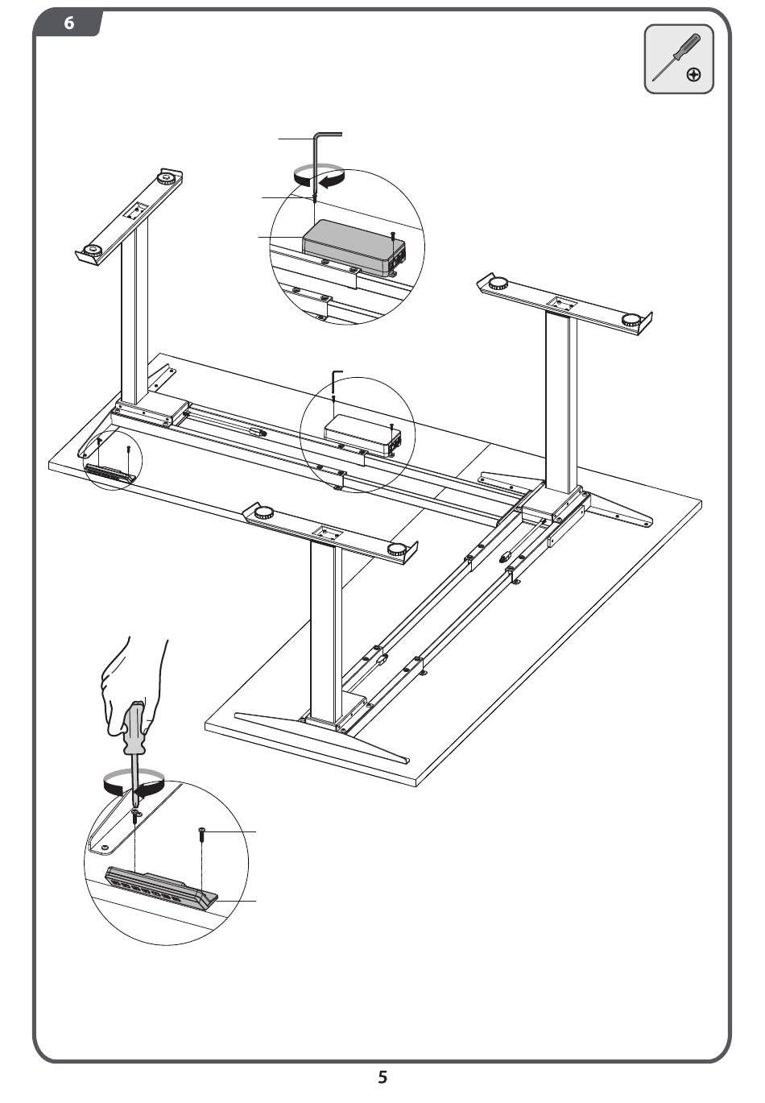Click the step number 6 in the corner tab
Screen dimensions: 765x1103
point(69,23)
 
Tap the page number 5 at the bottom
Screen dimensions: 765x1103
point(382,1077)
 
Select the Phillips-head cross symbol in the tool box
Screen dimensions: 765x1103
point(693,75)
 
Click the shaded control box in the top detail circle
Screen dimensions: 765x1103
point(354,247)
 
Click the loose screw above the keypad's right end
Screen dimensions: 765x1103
point(202,834)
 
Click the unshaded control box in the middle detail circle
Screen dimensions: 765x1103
point(362,436)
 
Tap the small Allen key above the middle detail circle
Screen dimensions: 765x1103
point(335,384)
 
